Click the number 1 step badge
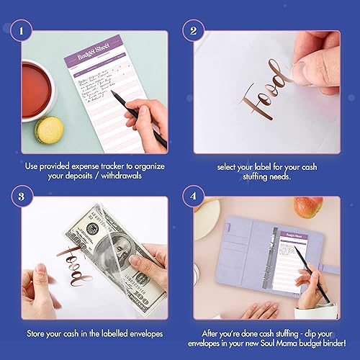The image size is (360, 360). coord(24,32)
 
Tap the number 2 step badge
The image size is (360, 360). coord(192,32)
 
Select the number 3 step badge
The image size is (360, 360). coord(24,194)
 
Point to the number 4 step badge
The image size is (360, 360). coord(192,194)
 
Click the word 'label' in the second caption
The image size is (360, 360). coord(261,165)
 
